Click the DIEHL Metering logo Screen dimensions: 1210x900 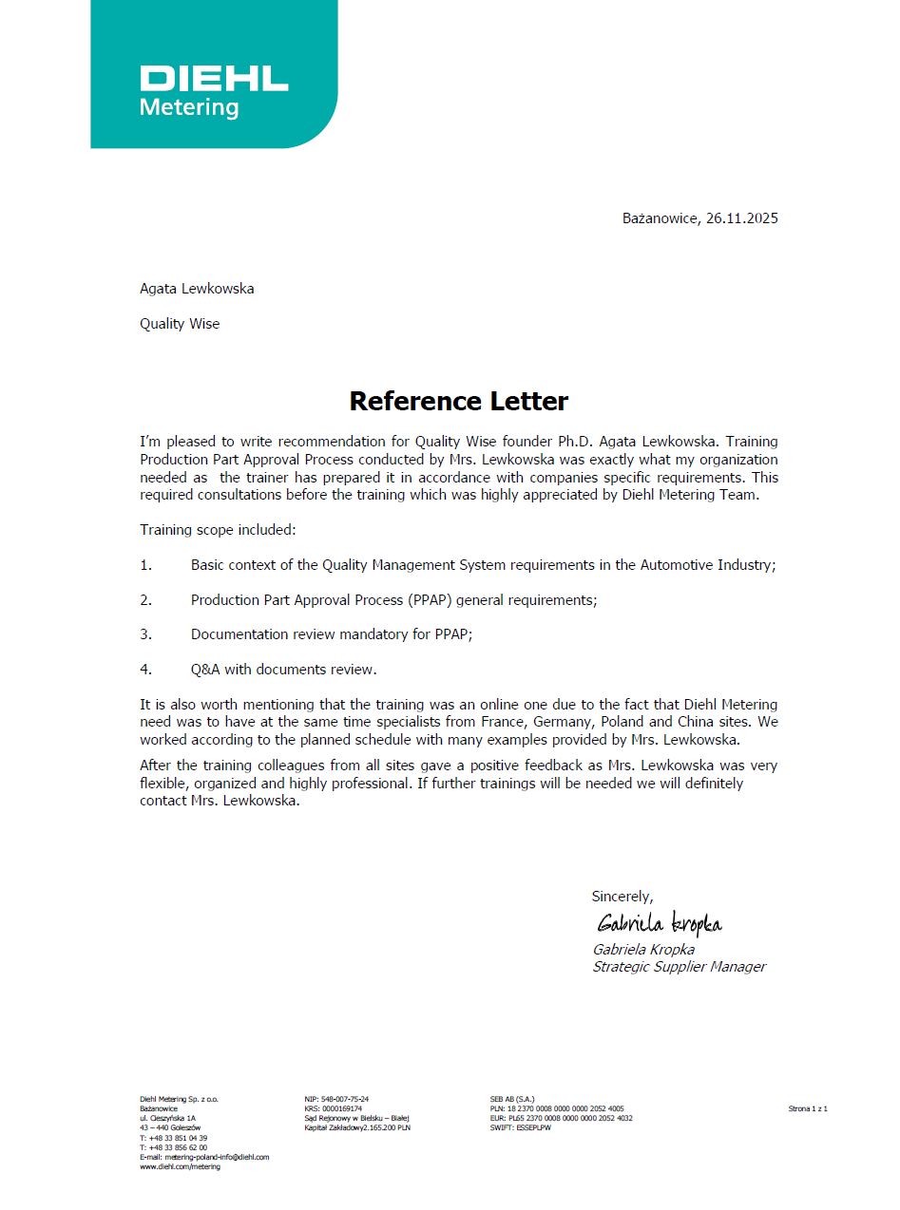214,90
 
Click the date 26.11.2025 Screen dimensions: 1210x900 741,218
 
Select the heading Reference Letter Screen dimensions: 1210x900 458,401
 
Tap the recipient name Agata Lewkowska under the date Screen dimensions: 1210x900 197,289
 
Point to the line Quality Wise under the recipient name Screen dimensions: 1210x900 180,324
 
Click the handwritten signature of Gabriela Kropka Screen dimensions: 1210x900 659,923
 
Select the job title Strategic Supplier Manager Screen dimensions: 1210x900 679,967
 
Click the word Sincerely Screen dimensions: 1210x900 622,897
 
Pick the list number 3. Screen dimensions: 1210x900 145,634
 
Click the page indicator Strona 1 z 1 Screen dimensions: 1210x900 808,1108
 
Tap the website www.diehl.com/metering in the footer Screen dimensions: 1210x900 180,1166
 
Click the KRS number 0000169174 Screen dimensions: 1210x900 340,1108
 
